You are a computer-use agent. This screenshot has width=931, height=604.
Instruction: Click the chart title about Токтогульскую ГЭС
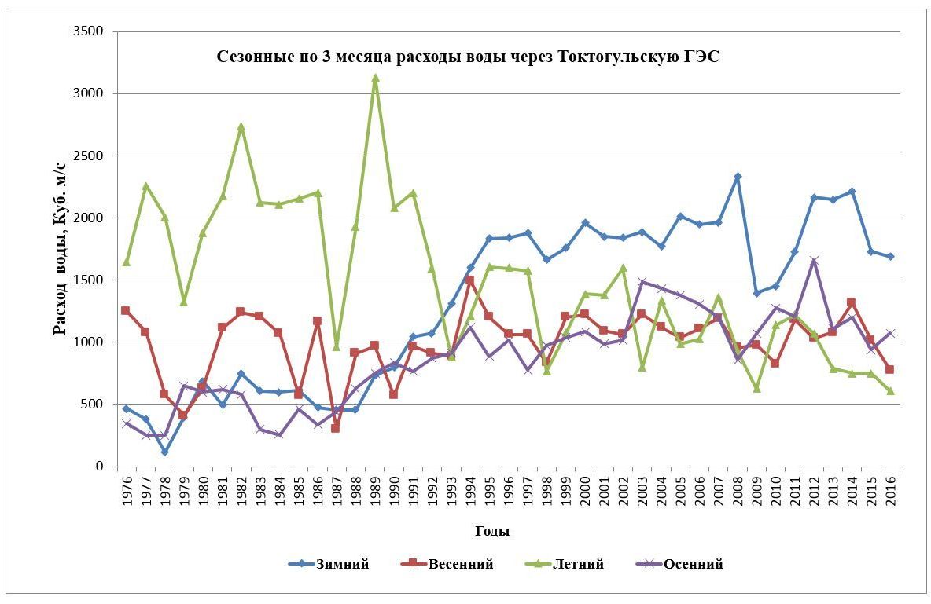468,57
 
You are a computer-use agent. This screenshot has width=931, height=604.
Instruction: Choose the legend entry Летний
578,564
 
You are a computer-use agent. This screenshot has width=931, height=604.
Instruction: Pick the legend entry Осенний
693,564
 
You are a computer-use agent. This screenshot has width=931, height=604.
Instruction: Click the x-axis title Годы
492,531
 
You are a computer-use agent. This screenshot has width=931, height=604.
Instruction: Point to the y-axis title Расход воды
61,248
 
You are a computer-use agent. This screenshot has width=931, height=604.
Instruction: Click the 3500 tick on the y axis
90,32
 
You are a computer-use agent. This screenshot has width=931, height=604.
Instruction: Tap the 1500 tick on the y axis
90,280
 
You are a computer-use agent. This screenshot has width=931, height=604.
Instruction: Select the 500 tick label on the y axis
93,404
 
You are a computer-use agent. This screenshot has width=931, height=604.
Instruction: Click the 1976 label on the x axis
127,488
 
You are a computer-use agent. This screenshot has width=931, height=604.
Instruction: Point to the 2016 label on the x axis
890,488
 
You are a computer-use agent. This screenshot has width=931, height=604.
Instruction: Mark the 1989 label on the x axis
375,488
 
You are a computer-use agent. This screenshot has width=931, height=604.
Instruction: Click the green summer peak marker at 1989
375,78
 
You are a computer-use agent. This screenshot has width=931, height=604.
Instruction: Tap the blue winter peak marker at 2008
738,177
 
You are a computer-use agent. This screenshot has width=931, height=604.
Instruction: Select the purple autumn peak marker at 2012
814,261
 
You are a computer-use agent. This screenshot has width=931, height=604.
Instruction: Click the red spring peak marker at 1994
470,280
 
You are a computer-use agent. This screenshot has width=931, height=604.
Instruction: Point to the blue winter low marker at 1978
164,452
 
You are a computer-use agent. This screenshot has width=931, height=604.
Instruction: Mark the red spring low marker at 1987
336,428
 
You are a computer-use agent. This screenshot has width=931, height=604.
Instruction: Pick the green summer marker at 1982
241,126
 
